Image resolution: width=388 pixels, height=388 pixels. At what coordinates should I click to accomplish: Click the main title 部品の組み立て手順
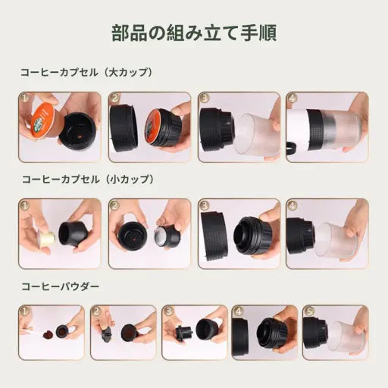(x=193, y=33)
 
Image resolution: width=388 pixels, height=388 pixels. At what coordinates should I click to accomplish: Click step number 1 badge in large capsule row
(x=25, y=99)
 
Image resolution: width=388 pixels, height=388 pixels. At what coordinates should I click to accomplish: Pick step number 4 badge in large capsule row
(x=293, y=99)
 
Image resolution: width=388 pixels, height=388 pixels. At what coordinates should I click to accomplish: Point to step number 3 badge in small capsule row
(x=205, y=206)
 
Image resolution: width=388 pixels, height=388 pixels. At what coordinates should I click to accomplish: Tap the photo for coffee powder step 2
(x=123, y=332)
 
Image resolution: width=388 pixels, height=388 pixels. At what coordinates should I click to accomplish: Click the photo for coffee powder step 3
(x=194, y=332)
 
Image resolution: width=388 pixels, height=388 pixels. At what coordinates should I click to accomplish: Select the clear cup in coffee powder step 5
(x=345, y=336)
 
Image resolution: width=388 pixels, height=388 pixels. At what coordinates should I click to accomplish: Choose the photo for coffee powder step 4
(x=264, y=332)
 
